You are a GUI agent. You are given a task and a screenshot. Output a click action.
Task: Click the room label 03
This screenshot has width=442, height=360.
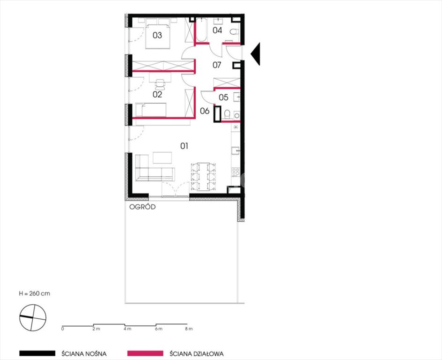tap(157, 35)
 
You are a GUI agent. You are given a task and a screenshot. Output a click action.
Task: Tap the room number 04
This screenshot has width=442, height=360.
tap(217, 30)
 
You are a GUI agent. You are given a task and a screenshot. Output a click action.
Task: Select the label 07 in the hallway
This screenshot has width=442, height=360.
tap(217, 65)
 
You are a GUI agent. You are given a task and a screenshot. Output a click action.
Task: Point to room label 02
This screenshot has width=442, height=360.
tap(157, 94)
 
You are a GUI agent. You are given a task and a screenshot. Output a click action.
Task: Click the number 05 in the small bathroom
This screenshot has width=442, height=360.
tap(223, 97)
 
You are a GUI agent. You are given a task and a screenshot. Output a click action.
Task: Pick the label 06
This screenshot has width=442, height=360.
tap(205, 111)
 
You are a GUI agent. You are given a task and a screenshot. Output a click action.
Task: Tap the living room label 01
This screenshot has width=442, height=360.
tap(184, 146)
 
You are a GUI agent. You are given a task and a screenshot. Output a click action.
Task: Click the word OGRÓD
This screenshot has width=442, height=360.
tap(142, 207)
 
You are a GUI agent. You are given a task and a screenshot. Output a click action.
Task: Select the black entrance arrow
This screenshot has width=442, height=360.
tap(255, 54)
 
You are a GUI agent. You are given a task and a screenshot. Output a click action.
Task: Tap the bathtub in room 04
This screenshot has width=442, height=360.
tap(201, 30)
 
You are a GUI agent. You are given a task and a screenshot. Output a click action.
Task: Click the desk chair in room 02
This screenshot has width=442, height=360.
tap(160, 84)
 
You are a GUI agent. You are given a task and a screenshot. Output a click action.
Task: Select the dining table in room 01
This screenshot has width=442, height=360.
tap(203, 176)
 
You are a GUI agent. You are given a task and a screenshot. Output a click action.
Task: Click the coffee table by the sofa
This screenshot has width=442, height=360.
tap(162, 157)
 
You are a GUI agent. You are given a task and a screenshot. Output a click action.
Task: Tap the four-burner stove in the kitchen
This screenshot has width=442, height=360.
tap(236, 172)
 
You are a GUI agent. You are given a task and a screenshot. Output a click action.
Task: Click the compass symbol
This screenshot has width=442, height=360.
tap(33, 318)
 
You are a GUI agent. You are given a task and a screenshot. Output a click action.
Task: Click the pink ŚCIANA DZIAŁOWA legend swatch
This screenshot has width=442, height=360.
tap(145, 353)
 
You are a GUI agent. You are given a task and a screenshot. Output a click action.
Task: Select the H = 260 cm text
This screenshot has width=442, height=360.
tap(35, 293)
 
